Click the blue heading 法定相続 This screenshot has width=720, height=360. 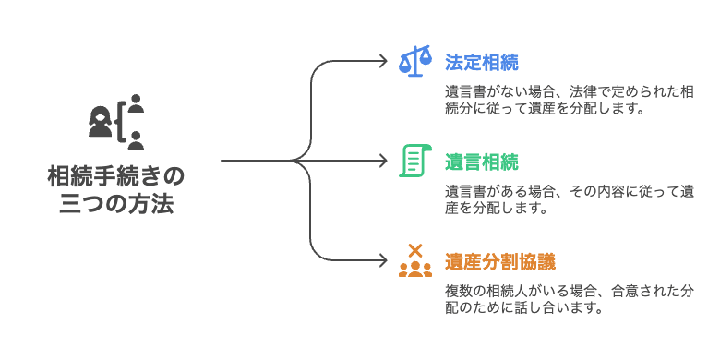(481, 63)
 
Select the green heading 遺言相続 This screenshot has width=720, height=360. (481, 162)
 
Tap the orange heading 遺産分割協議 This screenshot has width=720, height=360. (499, 260)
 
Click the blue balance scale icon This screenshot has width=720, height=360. (414, 62)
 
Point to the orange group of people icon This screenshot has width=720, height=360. (414, 269)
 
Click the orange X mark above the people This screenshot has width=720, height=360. (414, 248)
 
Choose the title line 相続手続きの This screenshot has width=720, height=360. (116, 174)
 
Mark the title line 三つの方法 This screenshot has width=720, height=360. (116, 204)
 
